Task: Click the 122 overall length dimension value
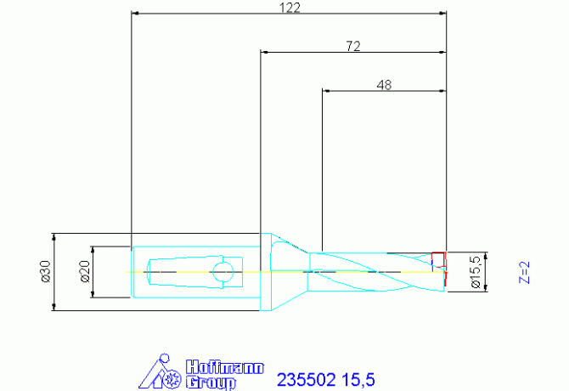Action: point(290,8)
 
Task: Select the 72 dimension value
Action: point(353,46)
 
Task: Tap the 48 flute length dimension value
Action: point(385,85)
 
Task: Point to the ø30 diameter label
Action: point(46,271)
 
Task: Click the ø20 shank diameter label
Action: point(85,271)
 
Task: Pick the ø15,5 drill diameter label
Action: point(476,272)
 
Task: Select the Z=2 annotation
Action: point(524,272)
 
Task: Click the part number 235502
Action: point(307,380)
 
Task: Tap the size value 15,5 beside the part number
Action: point(358,380)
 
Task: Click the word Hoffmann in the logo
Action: point(224,367)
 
